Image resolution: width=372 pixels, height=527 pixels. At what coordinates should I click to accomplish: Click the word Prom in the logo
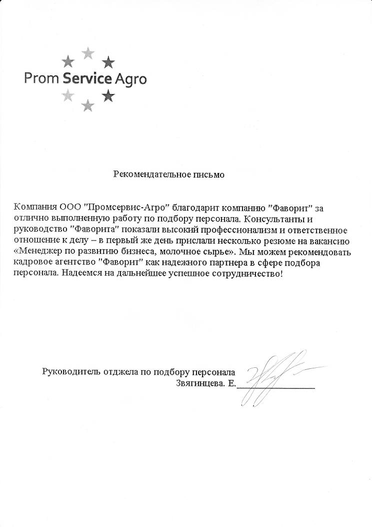[39, 79]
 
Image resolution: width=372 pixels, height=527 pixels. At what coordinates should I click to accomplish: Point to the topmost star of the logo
[88, 52]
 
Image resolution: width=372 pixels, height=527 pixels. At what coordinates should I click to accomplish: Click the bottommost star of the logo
[88, 105]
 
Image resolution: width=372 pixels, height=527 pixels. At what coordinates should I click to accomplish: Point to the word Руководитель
[71, 371]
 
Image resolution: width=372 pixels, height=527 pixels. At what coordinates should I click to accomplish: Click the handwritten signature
[270, 378]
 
